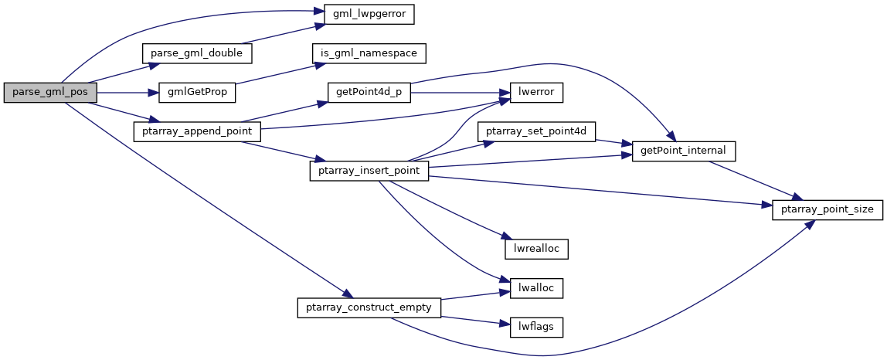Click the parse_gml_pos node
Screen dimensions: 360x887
50,93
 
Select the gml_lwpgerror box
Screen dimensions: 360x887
363,14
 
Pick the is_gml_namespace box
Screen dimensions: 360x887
369,53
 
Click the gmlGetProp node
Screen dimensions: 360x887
196,93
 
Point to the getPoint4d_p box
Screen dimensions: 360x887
369,93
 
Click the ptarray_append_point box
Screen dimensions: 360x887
197,132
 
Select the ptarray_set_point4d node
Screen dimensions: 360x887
536,132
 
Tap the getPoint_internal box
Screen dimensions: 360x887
683,151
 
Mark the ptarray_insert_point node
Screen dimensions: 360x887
369,170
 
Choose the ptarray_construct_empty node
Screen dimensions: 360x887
369,307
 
